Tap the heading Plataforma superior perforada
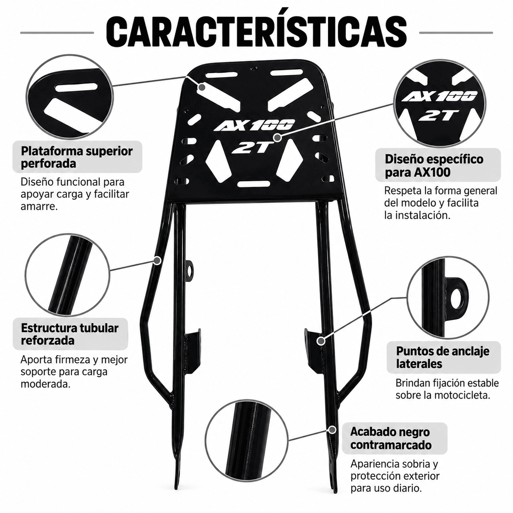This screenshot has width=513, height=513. [x=76, y=157]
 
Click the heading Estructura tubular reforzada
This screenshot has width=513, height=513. [x=70, y=334]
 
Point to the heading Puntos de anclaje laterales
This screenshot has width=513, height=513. [x=443, y=357]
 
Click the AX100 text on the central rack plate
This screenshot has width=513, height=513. [x=254, y=126]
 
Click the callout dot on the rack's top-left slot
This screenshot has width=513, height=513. [x=202, y=87]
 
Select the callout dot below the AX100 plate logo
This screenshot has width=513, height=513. [x=278, y=137]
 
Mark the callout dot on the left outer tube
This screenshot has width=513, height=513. [x=157, y=260]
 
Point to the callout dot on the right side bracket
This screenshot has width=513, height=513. [x=321, y=341]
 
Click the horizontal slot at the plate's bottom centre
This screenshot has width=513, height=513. [x=253, y=184]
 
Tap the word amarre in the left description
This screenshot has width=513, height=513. [x=39, y=206]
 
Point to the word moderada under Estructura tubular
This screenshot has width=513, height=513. [x=45, y=384]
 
